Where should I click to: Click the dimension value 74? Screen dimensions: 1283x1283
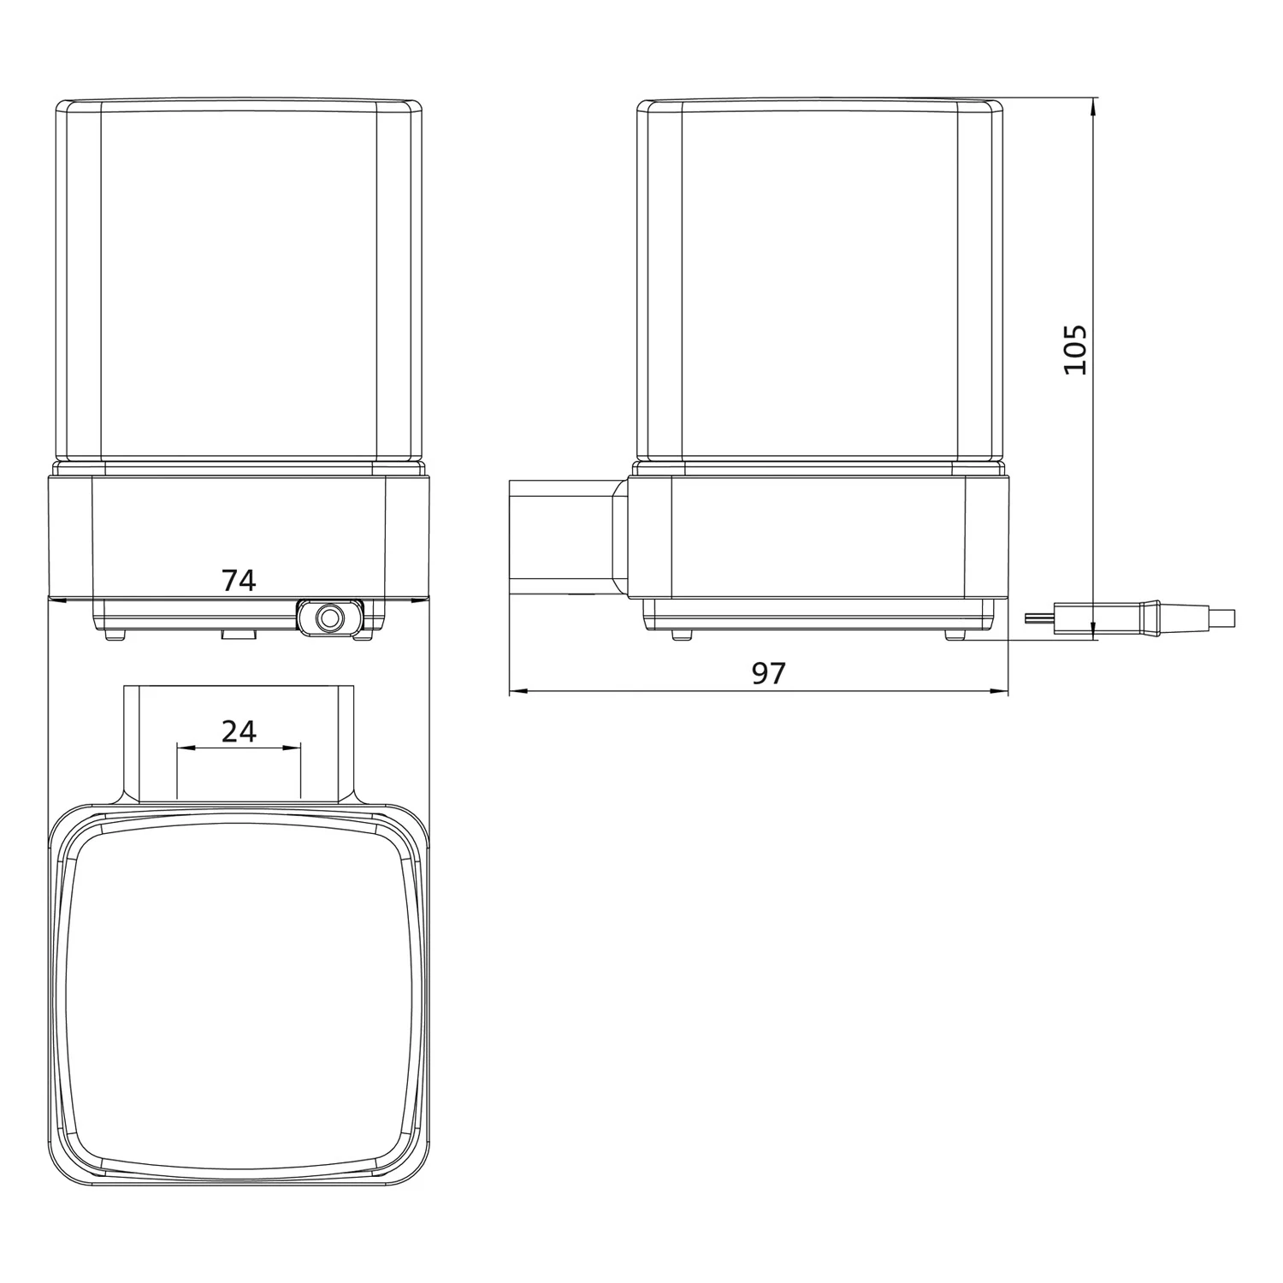click(x=239, y=581)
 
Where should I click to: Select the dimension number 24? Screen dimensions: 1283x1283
click(x=239, y=731)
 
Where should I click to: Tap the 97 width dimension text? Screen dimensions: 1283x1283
click(x=768, y=673)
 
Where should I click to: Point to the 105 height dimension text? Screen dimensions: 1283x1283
click(x=1075, y=349)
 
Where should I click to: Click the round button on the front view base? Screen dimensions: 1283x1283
click(x=329, y=618)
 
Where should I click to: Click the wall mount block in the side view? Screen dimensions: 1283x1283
click(x=565, y=537)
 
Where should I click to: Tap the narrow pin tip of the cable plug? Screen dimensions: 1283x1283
click(x=1038, y=618)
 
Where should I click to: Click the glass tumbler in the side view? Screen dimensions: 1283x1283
click(x=820, y=282)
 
